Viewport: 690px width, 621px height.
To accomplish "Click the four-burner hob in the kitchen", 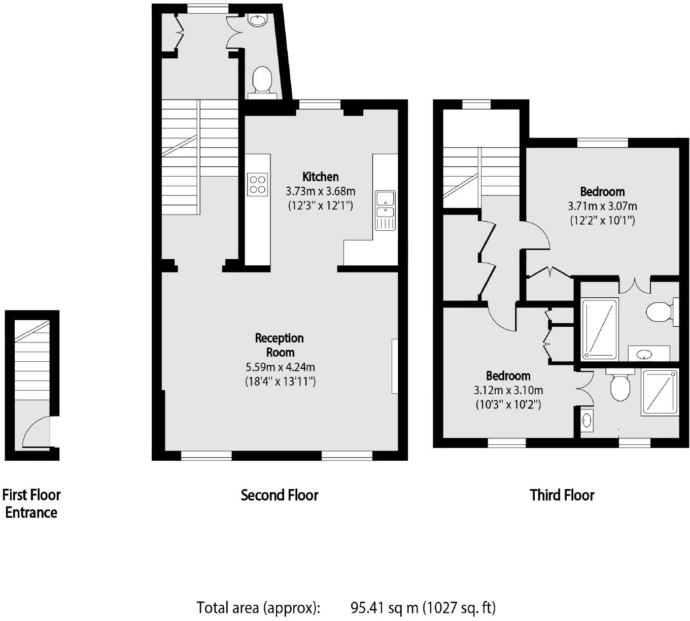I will pos(257,184).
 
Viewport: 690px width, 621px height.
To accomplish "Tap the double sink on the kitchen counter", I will pos(385,210).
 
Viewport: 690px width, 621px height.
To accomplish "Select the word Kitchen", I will pos(320,177).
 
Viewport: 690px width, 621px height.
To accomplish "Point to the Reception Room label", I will pos(280,345).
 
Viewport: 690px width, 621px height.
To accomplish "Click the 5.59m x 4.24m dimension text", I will pos(280,367).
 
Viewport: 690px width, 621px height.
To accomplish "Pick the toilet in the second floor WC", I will pos(262,80).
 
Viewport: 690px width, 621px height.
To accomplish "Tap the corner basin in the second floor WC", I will pos(257,21).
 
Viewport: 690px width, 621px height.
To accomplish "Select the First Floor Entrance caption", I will pos(31,503).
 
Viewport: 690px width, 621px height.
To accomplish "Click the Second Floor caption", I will pos(280,495).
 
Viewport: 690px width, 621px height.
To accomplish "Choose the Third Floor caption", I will pos(562,495).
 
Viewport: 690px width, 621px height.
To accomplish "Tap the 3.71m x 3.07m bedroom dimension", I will pos(602,206).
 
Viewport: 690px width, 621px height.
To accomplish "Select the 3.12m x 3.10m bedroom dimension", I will pos(508,390).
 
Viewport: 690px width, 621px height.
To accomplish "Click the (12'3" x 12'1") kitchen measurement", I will pos(320,205).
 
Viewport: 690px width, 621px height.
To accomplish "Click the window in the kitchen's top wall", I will pos(319,105).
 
